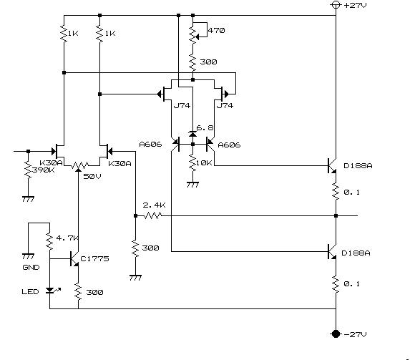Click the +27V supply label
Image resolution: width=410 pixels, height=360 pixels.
coord(356,5)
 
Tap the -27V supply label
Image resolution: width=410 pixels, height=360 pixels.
coord(356,334)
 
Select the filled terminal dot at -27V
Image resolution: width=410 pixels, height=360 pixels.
coord(336,334)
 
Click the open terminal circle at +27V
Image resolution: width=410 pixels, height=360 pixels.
coord(336,5)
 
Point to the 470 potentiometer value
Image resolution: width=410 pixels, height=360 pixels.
coord(216,31)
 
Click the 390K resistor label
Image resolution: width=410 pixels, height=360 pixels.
coord(44,170)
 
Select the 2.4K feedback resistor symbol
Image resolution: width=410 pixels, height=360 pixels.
coord(153,215)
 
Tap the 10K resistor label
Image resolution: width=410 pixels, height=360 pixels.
coord(204,163)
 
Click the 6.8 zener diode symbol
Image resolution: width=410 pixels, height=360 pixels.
coord(192,135)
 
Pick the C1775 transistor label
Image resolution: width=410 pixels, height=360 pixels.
coord(94,259)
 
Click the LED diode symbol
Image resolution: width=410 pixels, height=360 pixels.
coord(50,291)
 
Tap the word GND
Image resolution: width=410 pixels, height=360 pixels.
coord(31,268)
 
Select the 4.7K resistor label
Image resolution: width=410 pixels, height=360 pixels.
coord(67,238)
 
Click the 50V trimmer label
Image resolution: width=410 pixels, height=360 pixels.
coord(92,176)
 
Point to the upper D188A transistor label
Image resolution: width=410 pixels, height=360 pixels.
coord(358,166)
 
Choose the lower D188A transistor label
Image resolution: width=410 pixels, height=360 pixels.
coord(356,253)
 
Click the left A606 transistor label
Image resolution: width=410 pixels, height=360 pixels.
coord(150,145)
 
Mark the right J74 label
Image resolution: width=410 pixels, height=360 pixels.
coord(225,106)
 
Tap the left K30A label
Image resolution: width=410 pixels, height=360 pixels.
coord(51,163)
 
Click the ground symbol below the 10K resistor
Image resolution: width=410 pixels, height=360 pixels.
coord(192,184)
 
